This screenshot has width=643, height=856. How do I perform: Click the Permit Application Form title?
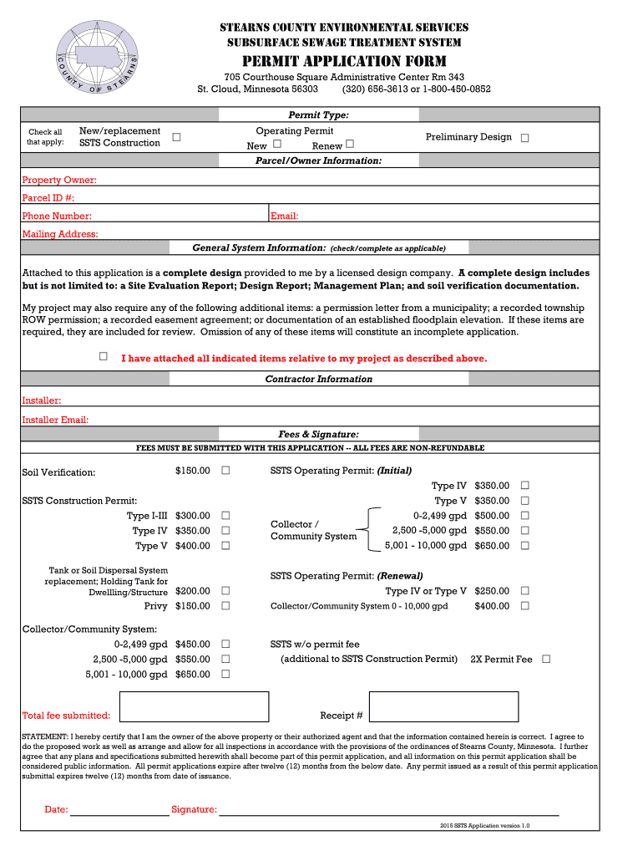click(344, 61)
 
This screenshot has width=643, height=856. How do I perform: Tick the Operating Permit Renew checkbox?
click(350, 145)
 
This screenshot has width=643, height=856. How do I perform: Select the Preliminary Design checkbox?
click(524, 138)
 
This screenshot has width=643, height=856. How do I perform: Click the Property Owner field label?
click(59, 180)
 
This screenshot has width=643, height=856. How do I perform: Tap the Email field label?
click(285, 216)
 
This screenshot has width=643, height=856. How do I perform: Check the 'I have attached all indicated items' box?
click(104, 357)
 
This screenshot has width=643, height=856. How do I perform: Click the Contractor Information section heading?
click(318, 379)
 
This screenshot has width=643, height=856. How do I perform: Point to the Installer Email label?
click(55, 420)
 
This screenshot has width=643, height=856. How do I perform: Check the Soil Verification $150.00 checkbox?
click(225, 471)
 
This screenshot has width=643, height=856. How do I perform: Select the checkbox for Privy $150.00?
click(225, 605)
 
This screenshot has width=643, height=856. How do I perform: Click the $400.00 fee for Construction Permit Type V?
click(192, 546)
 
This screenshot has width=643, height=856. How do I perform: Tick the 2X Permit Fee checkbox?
click(546, 659)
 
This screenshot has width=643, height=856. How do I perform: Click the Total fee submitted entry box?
click(194, 706)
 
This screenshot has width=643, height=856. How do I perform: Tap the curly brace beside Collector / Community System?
click(368, 530)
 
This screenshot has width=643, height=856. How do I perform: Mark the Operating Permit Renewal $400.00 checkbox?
click(524, 605)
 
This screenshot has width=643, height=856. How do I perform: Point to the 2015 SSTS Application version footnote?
click(484, 825)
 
